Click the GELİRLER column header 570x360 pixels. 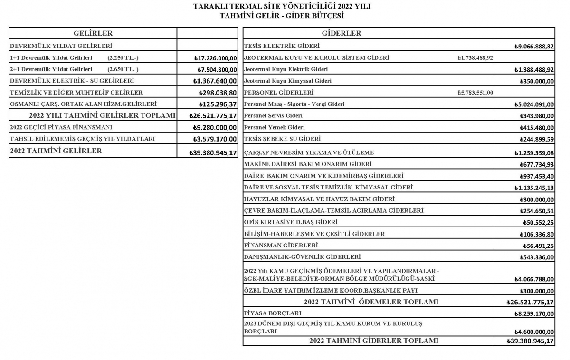coord(93,33)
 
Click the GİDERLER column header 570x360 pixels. coord(341,33)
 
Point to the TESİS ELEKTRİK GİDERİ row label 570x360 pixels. coord(282,46)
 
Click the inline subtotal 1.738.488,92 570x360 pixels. coord(475,58)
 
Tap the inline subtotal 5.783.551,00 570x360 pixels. coord(475,93)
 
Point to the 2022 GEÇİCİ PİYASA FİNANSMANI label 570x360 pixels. coord(61,127)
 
